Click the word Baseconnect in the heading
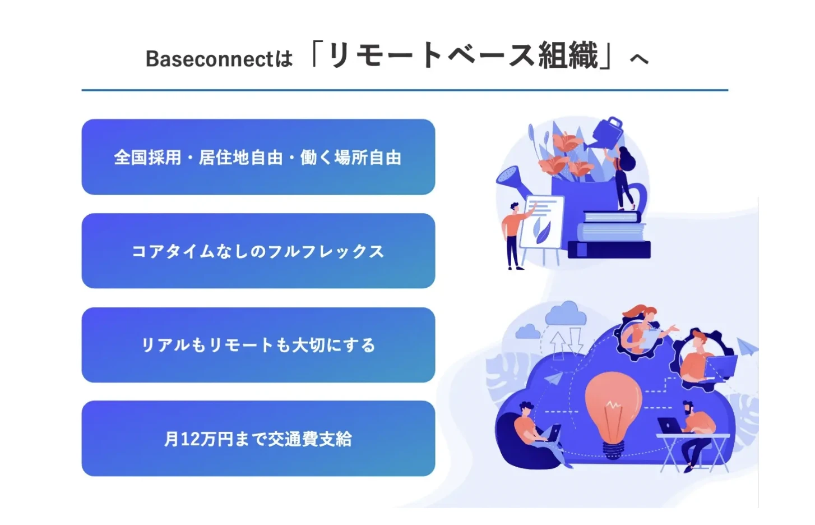(209, 59)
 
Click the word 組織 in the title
(569, 56)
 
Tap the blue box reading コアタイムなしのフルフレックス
(258, 251)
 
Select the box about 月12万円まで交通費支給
(258, 439)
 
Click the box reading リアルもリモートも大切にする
(258, 345)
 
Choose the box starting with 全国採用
(258, 157)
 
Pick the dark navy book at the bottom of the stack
(609, 250)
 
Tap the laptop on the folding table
(670, 425)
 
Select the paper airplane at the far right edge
(747, 347)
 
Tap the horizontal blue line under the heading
(405, 90)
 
